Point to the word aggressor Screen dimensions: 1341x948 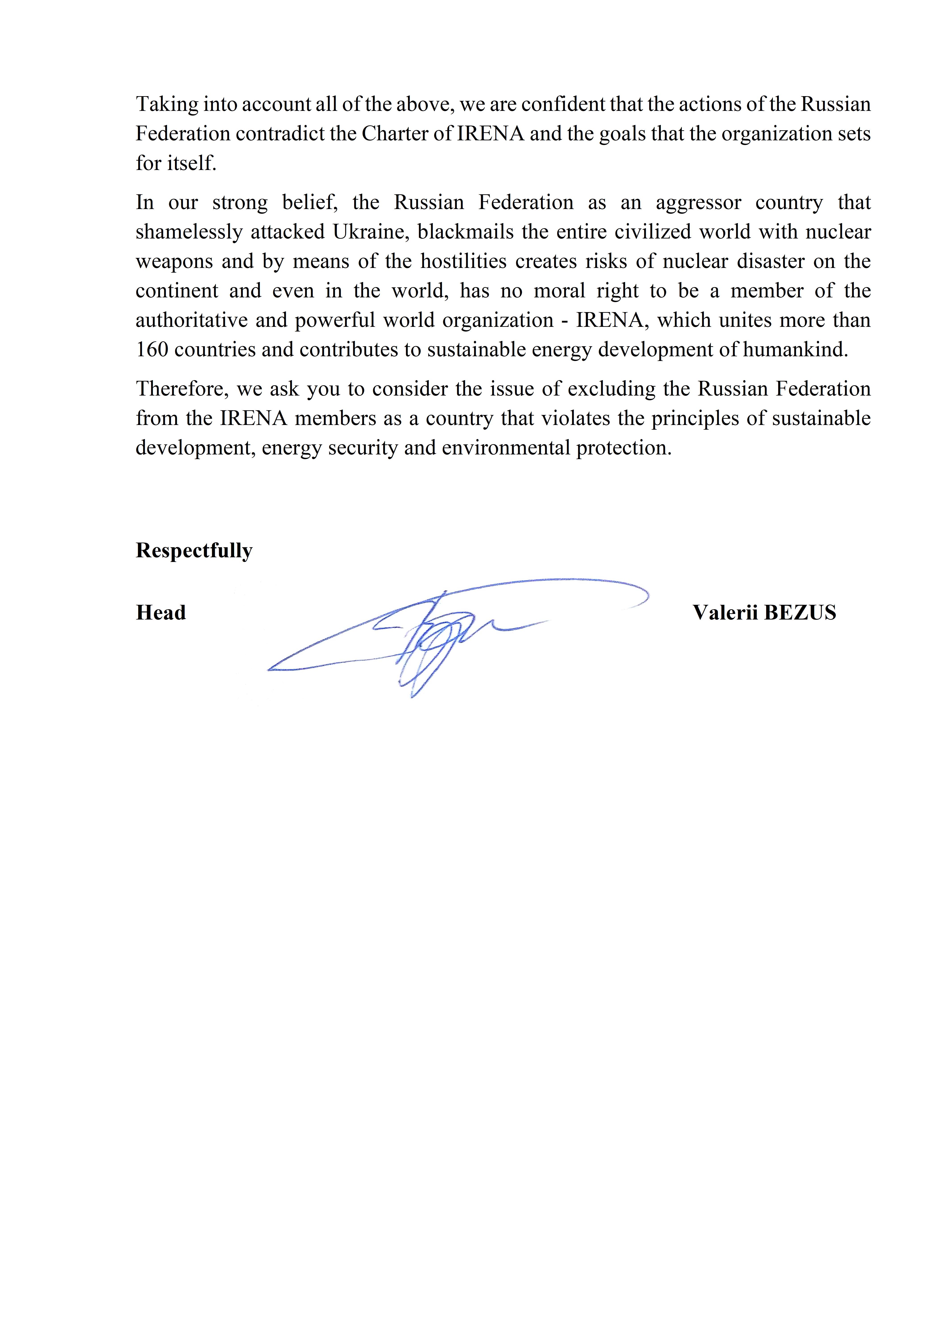[699, 203]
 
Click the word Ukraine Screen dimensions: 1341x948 [372, 232]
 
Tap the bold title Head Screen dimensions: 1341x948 [161, 613]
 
